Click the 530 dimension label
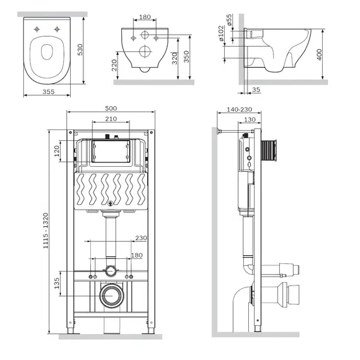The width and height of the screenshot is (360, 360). click(80, 50)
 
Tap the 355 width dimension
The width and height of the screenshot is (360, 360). click(49, 92)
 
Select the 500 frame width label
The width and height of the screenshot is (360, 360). click(111, 108)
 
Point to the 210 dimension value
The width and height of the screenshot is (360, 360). click(111, 119)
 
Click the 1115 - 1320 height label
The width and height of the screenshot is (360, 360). click(45, 231)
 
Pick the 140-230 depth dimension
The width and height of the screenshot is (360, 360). click(239, 109)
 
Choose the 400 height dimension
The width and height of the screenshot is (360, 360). click(319, 55)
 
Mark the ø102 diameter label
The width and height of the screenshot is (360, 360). click(221, 33)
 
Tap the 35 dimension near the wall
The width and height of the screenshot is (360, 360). click(256, 89)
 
